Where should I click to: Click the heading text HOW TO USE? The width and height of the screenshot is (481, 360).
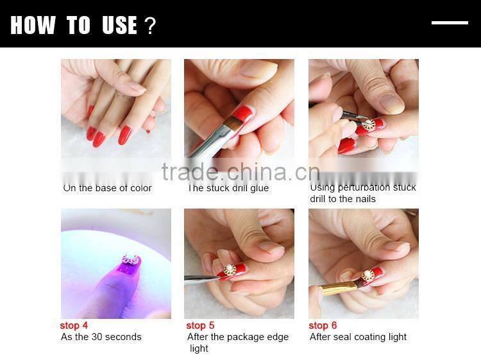[x=74, y=26]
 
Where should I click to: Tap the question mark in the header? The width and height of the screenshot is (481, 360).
[x=150, y=26]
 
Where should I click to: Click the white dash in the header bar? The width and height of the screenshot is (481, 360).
[x=450, y=23]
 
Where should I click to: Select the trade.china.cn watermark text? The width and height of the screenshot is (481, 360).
[x=240, y=172]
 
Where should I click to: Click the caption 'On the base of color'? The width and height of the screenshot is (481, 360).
[x=107, y=188]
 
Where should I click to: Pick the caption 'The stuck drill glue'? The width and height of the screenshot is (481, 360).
[x=228, y=188]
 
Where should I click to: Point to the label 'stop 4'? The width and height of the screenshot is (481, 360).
[x=74, y=325]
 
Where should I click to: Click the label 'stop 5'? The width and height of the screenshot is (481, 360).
[x=200, y=325]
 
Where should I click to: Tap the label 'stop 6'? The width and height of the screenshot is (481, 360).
[x=323, y=325]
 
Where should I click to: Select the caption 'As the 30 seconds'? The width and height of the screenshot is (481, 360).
[x=101, y=337]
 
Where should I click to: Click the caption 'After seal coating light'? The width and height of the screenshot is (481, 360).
[x=358, y=337]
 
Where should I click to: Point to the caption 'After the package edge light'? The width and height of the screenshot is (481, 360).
[x=237, y=342]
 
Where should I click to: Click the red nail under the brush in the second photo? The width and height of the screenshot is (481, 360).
[x=242, y=116]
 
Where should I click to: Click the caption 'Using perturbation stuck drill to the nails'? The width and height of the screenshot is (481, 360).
[x=362, y=193]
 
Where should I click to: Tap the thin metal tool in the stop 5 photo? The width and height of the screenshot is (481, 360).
[x=202, y=278]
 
